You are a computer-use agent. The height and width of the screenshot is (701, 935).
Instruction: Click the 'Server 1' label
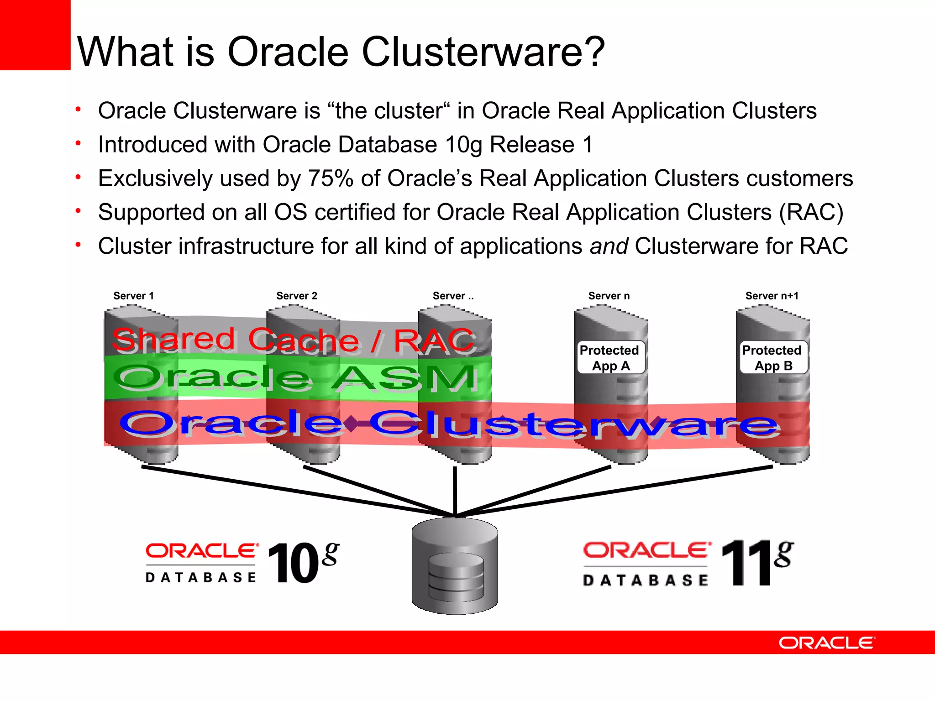(133, 296)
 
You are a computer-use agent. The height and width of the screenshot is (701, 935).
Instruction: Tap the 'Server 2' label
(296, 296)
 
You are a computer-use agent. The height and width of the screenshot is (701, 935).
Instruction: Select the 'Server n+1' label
(772, 296)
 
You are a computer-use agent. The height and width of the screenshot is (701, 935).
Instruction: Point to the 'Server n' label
(609, 296)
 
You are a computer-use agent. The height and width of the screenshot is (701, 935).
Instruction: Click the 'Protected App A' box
(610, 358)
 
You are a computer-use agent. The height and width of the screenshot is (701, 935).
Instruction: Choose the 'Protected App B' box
(772, 358)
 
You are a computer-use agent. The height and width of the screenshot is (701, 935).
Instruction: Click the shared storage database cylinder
(455, 566)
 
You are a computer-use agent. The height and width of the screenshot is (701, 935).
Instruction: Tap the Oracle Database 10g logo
(242, 563)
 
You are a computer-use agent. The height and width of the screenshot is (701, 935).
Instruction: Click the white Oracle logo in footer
(826, 643)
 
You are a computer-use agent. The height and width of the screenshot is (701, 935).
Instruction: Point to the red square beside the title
(35, 35)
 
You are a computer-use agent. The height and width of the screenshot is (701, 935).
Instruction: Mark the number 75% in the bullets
(331, 178)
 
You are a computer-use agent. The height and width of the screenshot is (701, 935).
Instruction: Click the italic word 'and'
(609, 246)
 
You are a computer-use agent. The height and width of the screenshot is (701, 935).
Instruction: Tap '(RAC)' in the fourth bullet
(811, 213)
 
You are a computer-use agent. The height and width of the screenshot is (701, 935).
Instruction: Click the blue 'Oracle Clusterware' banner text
(450, 424)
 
